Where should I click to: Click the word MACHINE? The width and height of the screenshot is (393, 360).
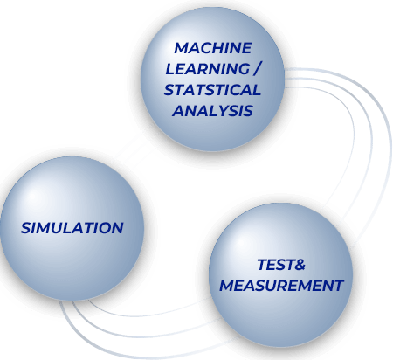pos(213,48)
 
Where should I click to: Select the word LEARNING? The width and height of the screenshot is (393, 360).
pos(207,69)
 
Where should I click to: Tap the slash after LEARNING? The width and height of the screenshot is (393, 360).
pos(258,69)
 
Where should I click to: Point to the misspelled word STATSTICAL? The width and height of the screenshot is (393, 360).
pos(212,90)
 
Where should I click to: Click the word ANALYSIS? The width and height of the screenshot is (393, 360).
pos(212,111)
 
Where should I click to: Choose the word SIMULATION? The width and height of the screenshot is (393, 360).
pos(72,228)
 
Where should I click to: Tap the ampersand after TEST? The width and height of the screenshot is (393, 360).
pos(299,265)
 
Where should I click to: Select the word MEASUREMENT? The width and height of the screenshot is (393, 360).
pos(281,286)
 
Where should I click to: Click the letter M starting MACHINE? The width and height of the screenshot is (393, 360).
pos(181,48)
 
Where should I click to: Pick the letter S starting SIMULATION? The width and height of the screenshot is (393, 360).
pos(25,228)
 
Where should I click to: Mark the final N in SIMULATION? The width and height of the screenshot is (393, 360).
pos(117,228)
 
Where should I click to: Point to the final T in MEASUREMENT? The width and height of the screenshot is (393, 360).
pos(338,286)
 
